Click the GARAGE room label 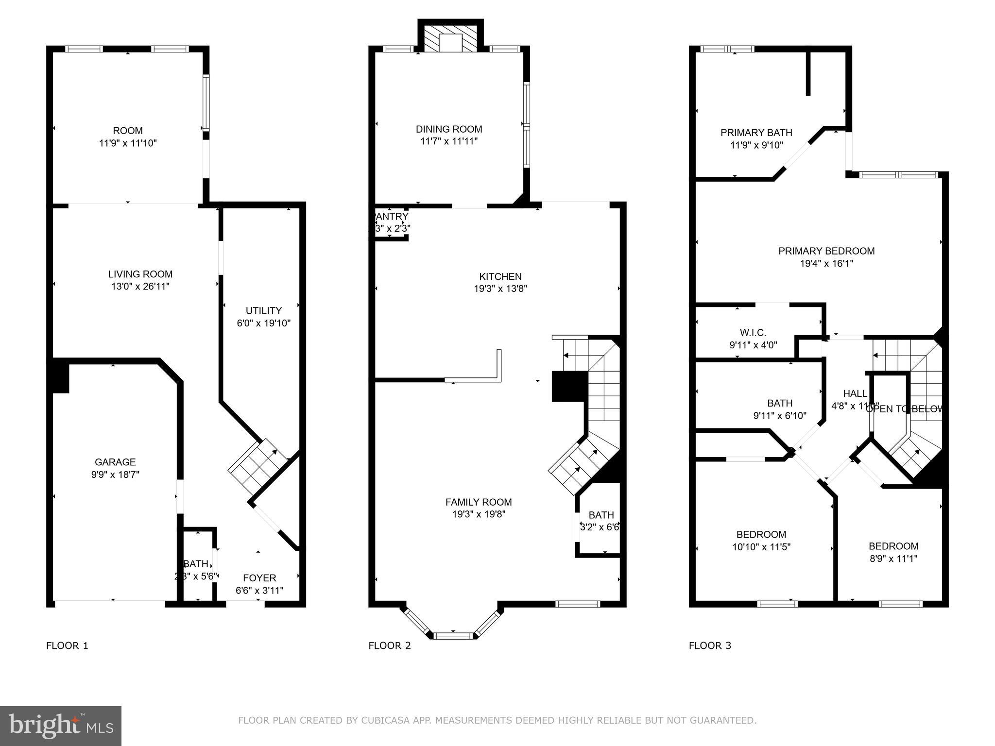click(115, 462)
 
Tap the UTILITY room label click(263, 311)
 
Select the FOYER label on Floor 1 click(259, 578)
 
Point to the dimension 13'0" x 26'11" click(140, 287)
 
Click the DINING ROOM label click(449, 129)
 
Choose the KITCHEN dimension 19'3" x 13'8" click(500, 288)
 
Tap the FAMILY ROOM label click(479, 502)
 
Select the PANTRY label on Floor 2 click(392, 216)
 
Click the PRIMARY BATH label click(756, 133)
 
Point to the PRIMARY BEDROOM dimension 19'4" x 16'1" click(826, 264)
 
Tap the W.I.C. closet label click(753, 333)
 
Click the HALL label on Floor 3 click(855, 393)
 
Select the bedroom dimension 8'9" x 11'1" click(893, 559)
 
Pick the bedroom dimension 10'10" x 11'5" click(761, 547)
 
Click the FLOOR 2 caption click(390, 645)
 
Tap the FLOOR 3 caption click(710, 645)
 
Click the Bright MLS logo click(61, 726)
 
